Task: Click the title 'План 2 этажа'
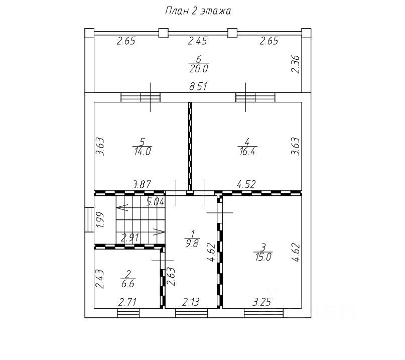pos(198,11)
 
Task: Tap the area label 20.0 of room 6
pos(198,69)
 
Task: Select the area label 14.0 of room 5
pos(143,151)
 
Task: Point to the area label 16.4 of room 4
pos(247,151)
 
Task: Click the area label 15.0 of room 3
pos(263,257)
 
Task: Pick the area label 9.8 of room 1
pos(192,243)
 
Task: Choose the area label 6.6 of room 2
pos(127,284)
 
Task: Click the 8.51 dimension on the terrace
pos(198,86)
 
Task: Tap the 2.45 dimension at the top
pos(198,41)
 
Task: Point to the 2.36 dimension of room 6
pos(295,64)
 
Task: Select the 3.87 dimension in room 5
pos(142,185)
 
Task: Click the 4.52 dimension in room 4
pos(246,184)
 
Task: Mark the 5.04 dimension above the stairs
pos(155,201)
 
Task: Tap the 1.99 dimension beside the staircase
pos(100,220)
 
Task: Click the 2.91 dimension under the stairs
pos(130,237)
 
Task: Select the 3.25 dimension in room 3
pos(261,302)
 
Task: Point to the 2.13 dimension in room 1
pos(191,302)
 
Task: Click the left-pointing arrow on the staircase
pos(122,207)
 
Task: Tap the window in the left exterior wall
pos(90,220)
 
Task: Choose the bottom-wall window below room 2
pos(128,313)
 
